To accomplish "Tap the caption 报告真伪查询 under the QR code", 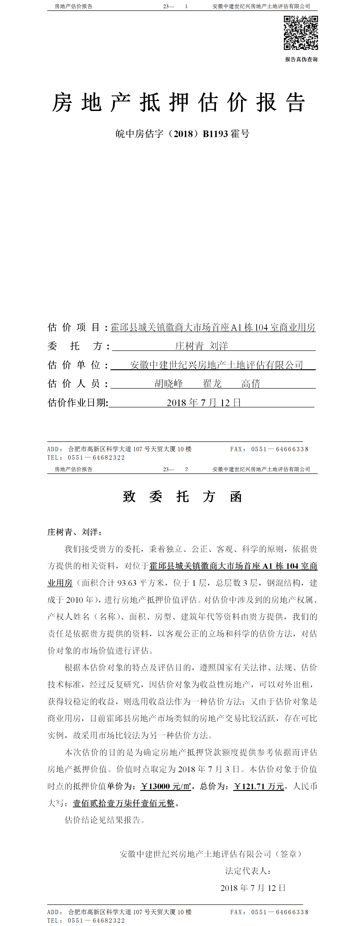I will coord(301,59).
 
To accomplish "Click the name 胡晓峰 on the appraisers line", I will coord(169,384).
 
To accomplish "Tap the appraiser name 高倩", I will coord(251,384).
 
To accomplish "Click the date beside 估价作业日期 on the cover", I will coord(204,403).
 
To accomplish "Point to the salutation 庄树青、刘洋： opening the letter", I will coord(75,532).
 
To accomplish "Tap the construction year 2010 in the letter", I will coord(75,600).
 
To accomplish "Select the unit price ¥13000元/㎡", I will coord(166,786).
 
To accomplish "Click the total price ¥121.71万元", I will coord(259,786).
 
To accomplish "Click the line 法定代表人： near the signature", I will coord(248,871).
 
